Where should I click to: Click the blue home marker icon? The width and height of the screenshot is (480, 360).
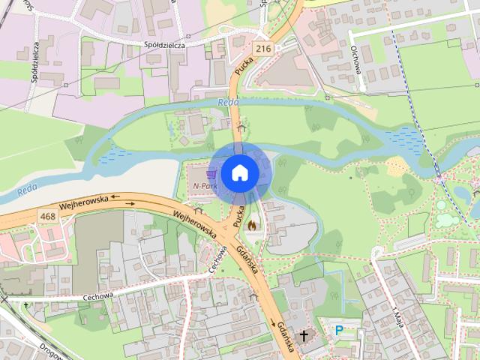pyautogui.click(x=239, y=172)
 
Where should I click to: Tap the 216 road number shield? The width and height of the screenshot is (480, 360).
pyautogui.click(x=262, y=49)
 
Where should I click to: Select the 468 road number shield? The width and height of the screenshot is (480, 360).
pyautogui.click(x=49, y=216)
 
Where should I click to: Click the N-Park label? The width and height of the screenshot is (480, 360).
pyautogui.click(x=203, y=185)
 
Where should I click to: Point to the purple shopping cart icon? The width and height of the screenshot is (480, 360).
pyautogui.click(x=200, y=174)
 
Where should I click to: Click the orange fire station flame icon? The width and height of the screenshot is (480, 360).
pyautogui.click(x=251, y=224)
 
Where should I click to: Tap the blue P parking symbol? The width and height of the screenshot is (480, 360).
pyautogui.click(x=339, y=329)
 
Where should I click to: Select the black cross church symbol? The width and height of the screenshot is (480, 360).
pyautogui.click(x=304, y=335)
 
